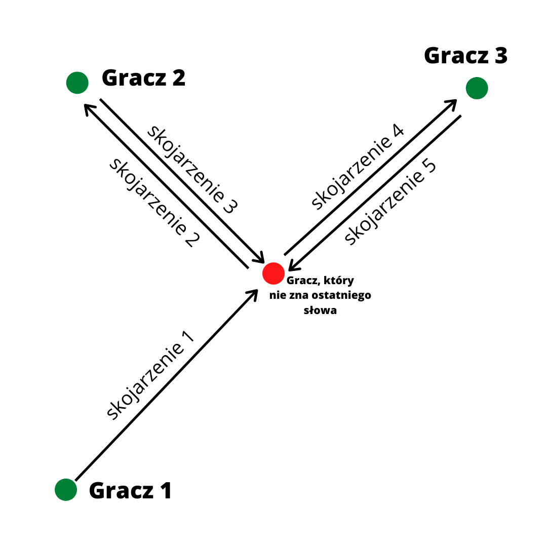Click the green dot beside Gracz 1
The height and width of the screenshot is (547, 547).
(x=66, y=490)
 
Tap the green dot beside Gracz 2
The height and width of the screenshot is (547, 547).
(x=77, y=83)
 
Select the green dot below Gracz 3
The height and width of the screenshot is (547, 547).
(x=477, y=88)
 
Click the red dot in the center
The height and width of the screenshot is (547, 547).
(x=273, y=273)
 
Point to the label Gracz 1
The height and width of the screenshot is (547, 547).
(x=131, y=491)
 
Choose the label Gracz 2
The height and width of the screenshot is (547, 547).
(x=144, y=78)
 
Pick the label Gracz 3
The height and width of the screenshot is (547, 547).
(x=465, y=55)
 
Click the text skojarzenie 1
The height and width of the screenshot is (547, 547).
(x=150, y=375)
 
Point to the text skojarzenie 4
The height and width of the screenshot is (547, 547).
(x=358, y=167)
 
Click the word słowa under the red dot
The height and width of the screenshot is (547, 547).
(x=320, y=310)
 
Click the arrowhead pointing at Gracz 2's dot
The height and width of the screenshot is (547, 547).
(x=88, y=108)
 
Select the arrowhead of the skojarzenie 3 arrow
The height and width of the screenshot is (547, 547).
(x=260, y=258)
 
